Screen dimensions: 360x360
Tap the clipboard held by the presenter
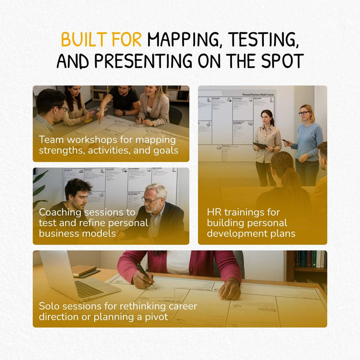261,146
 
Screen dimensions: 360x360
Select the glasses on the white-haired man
150,200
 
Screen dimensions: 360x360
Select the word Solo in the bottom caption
49,306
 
